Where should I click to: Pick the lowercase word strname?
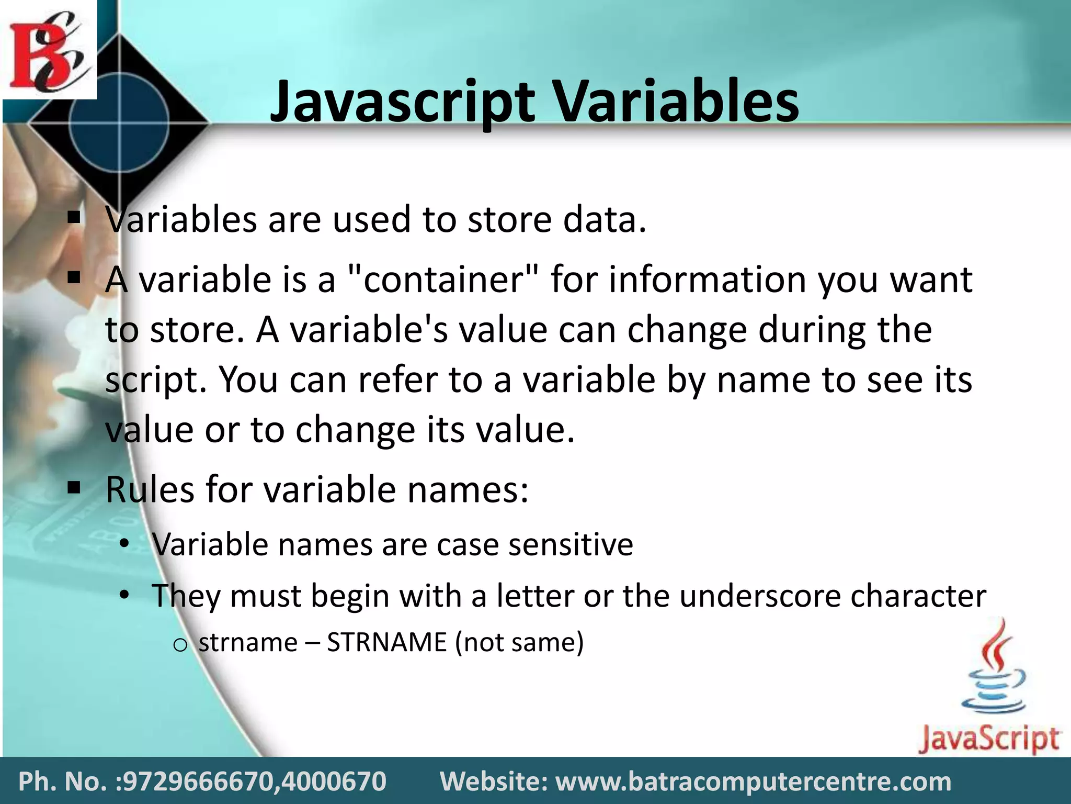tap(248, 642)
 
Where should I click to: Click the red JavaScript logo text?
tap(988, 739)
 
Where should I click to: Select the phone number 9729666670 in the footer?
tap(196, 781)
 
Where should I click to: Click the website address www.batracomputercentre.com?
tap(753, 781)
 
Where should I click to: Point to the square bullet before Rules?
tap(74, 488)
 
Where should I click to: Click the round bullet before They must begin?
tap(124, 595)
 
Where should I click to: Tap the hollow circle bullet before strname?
tap(179, 645)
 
